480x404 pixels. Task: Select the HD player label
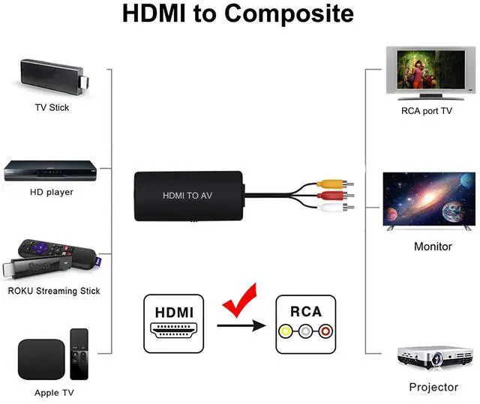click(x=52, y=192)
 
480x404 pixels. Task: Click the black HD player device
click(x=51, y=170)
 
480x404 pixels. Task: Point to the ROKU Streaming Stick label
click(x=53, y=291)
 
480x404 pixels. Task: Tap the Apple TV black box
click(x=41, y=358)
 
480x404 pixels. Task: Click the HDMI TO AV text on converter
click(x=188, y=196)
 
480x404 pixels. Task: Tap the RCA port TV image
click(x=426, y=73)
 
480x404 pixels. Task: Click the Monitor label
click(x=433, y=246)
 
